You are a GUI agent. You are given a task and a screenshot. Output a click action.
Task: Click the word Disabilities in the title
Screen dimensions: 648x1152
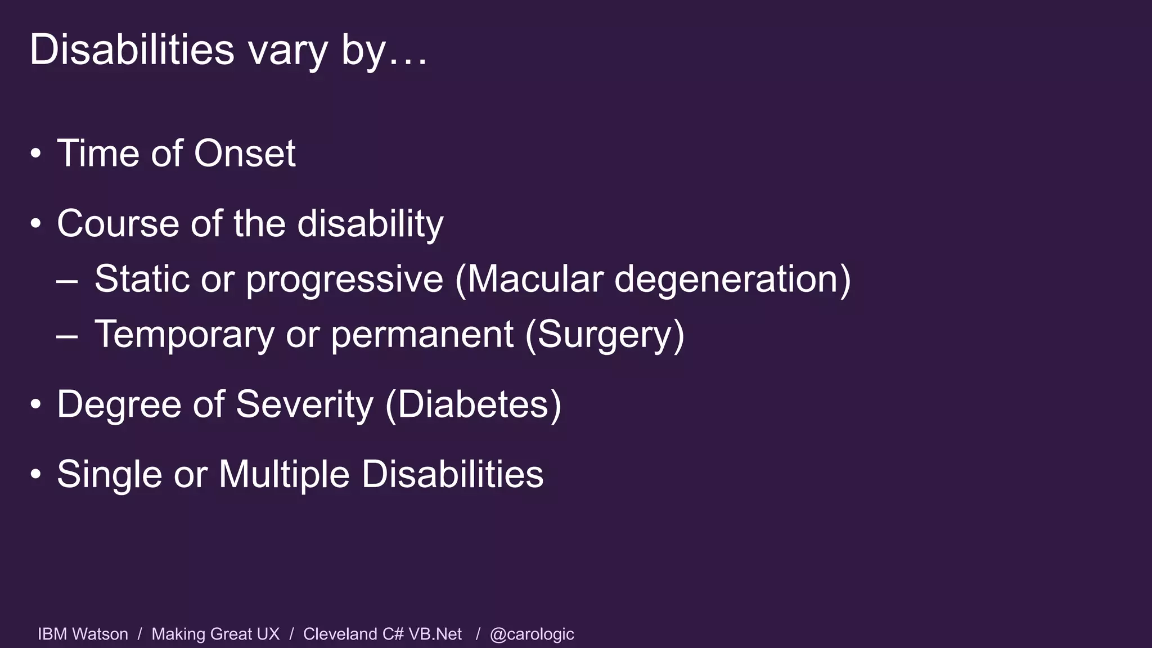pos(132,49)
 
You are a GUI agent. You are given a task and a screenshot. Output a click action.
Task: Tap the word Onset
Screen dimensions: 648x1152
pos(245,153)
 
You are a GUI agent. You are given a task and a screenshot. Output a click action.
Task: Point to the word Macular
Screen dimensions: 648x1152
pos(534,278)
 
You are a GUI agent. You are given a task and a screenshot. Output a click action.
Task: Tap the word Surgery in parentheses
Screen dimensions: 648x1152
pos(605,335)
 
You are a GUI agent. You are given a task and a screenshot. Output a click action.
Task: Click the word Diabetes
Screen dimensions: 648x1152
pos(473,404)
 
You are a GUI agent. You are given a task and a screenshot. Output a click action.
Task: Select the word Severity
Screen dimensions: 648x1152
pos(304,404)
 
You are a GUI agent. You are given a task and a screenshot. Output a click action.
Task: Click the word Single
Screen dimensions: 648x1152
pos(109,474)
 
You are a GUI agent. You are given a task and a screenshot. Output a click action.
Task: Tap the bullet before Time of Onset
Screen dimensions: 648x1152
pos(36,153)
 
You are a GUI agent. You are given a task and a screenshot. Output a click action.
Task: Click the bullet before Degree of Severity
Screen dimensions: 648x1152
pos(36,404)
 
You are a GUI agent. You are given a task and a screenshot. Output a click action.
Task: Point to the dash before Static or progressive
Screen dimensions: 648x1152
pos(67,280)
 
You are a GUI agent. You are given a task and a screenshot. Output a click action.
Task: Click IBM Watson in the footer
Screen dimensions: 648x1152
pos(83,634)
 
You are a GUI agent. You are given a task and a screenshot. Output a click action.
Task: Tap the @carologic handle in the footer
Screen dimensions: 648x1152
pos(532,634)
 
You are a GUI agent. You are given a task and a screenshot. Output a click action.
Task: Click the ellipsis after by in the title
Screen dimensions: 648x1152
pos(407,62)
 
